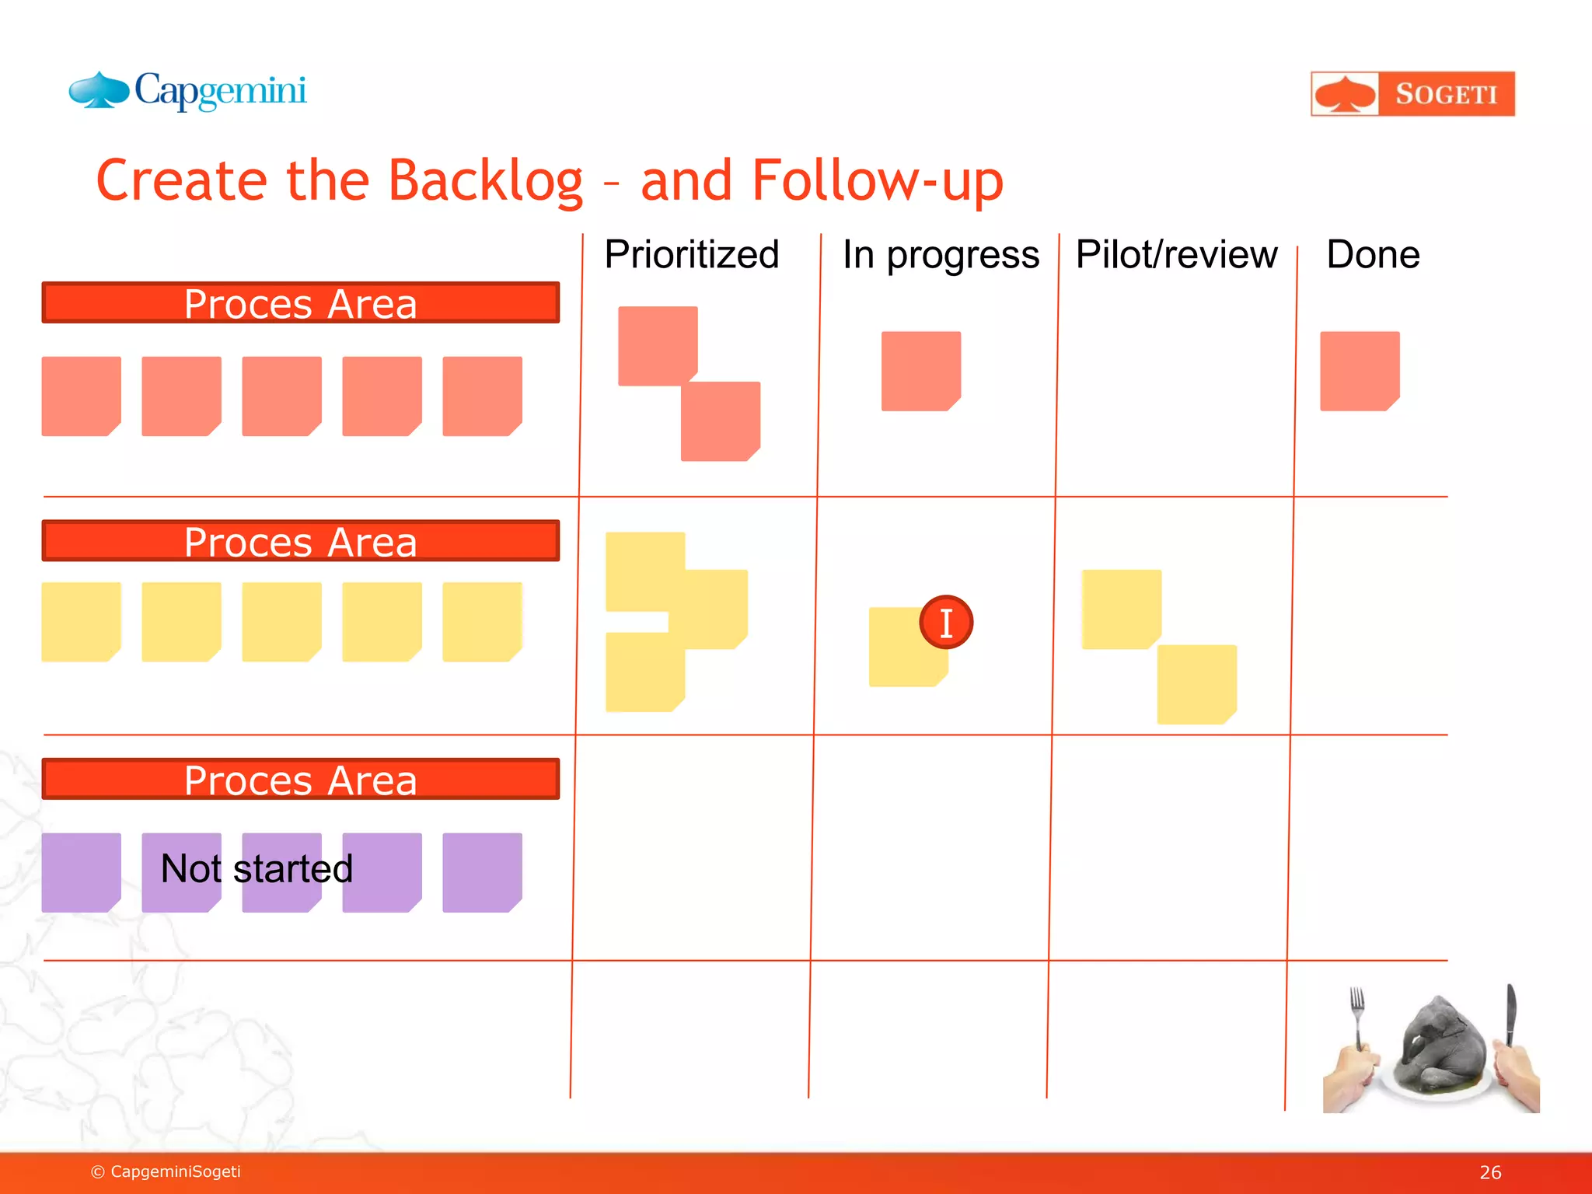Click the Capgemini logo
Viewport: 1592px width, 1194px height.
point(188,92)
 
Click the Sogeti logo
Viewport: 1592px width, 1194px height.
point(1412,94)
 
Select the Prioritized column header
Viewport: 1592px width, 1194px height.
point(691,255)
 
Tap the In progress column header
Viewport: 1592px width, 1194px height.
point(940,255)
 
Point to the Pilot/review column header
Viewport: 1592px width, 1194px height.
point(1176,255)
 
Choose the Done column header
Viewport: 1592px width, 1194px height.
point(1373,255)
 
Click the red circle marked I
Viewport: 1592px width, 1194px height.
point(946,623)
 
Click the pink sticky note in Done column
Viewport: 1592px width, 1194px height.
point(1359,371)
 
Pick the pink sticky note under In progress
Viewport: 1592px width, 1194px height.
point(920,371)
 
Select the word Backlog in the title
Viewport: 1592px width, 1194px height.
point(485,181)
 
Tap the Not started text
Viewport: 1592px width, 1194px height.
point(257,868)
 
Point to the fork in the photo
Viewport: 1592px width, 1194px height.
point(1357,1014)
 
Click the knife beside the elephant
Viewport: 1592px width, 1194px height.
point(1510,1014)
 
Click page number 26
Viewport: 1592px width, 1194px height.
point(1489,1172)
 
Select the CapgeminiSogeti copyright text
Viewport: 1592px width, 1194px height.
point(166,1171)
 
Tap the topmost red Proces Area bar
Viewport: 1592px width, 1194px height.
point(300,303)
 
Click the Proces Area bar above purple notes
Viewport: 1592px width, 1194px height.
point(300,779)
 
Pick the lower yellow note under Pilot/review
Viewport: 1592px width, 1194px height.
point(1196,684)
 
